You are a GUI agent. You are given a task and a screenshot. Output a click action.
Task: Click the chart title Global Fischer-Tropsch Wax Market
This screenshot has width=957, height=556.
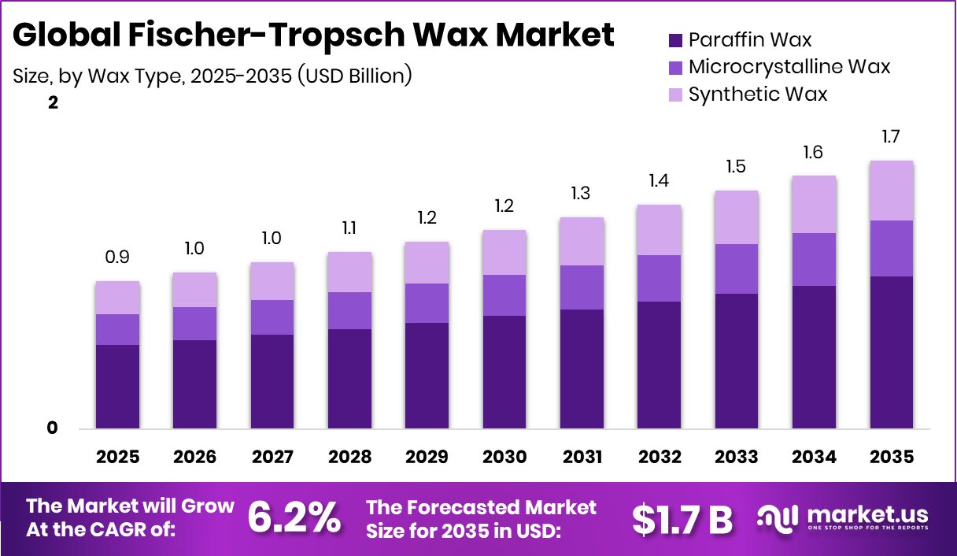pyautogui.click(x=313, y=35)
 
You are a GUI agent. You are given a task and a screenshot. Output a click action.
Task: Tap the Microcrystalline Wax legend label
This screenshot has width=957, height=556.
pyautogui.click(x=789, y=67)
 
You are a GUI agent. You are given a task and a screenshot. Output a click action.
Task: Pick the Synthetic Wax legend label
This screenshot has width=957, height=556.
pyautogui.click(x=758, y=95)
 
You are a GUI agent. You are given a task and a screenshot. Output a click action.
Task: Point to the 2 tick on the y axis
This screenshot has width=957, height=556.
pyautogui.click(x=53, y=103)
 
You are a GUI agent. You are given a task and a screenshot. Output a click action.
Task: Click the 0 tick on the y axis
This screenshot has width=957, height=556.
pyautogui.click(x=53, y=428)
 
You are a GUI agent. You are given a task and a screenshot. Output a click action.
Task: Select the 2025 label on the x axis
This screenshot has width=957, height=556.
pyautogui.click(x=117, y=457)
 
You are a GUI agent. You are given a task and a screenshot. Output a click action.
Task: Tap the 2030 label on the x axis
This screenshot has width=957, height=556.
pyautogui.click(x=504, y=457)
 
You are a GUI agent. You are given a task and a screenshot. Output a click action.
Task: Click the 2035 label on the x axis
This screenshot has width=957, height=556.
pyautogui.click(x=892, y=457)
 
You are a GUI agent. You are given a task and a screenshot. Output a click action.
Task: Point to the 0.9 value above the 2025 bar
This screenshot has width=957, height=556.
pyautogui.click(x=117, y=258)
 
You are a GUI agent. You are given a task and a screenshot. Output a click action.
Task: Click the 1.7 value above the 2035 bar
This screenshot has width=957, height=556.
pyautogui.click(x=892, y=137)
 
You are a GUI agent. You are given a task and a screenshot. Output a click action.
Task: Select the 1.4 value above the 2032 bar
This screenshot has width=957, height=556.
pyautogui.click(x=660, y=181)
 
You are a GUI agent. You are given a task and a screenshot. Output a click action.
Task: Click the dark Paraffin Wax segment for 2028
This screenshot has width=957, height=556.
pyautogui.click(x=349, y=379)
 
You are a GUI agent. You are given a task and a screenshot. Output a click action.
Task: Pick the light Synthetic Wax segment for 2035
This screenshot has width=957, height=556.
pyautogui.click(x=892, y=191)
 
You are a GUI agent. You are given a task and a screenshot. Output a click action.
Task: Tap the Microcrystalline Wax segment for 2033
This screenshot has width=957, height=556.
pyautogui.click(x=737, y=269)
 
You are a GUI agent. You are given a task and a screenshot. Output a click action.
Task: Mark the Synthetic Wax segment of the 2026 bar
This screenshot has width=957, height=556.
pyautogui.click(x=194, y=290)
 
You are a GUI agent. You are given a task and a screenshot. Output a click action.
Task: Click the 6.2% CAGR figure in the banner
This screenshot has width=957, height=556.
pyautogui.click(x=294, y=517)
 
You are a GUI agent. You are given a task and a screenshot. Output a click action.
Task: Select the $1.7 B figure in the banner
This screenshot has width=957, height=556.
pyautogui.click(x=682, y=518)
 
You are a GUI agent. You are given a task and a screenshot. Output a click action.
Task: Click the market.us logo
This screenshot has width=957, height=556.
pyautogui.click(x=843, y=518)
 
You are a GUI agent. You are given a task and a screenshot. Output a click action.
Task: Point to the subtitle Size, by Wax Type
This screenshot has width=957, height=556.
pyautogui.click(x=212, y=76)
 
